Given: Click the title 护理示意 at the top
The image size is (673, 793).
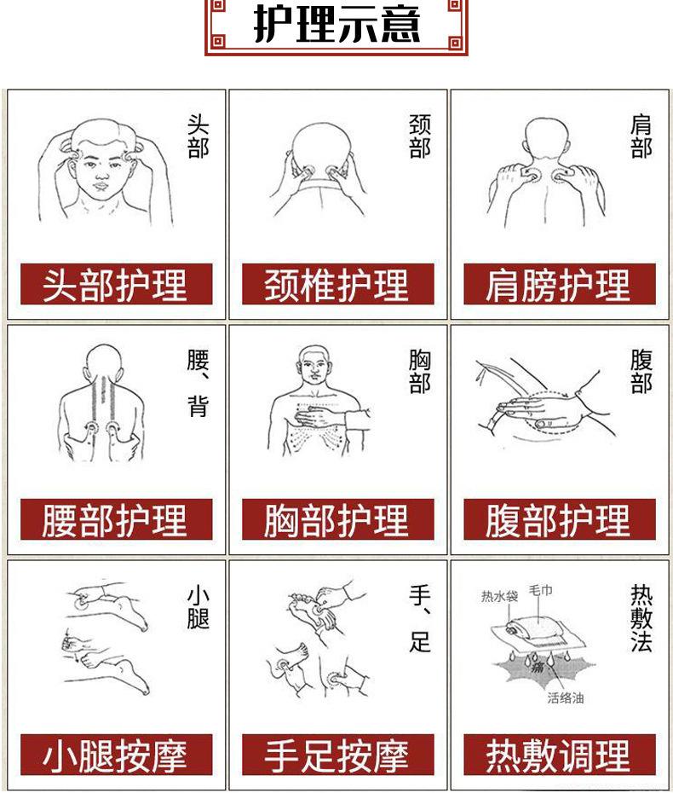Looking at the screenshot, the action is tap(337, 24).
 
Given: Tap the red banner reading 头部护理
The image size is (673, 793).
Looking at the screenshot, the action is tap(116, 284).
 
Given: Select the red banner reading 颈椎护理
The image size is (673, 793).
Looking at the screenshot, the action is tap(337, 284).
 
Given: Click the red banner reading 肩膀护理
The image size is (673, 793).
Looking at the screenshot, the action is tap(560, 284).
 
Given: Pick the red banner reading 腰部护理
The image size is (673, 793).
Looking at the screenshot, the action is tap(116, 519).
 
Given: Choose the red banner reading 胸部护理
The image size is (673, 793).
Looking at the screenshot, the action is tap(337, 519).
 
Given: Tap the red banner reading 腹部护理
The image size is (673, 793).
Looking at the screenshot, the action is tap(560, 519).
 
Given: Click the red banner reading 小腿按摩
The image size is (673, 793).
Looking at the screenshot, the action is tap(116, 755).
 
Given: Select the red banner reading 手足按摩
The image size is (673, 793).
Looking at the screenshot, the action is tap(337, 755).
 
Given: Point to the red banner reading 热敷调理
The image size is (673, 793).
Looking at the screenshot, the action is tap(560, 755).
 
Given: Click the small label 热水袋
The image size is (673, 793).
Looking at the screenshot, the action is tap(500, 596).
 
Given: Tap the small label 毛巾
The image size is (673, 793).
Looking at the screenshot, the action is tap(540, 590).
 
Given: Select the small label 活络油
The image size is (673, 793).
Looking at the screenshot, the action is tap(566, 697).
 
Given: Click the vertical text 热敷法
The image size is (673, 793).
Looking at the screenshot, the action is tap(641, 618).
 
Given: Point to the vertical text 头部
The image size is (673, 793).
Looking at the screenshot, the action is tap(198, 136).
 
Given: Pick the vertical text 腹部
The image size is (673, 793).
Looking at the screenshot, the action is tap(641, 371).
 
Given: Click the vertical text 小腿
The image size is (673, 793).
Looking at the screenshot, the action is tap(198, 607).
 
